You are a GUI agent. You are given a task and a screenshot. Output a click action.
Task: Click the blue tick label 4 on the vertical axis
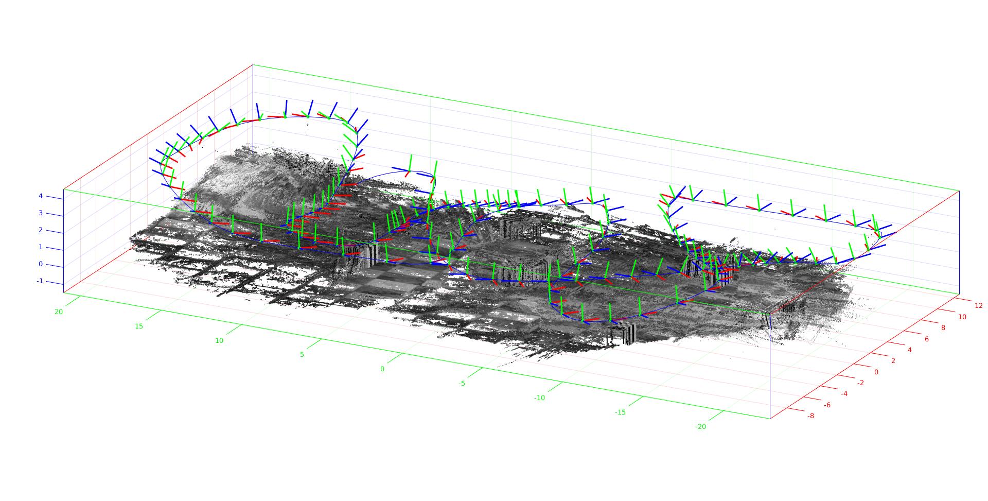pyautogui.click(x=40, y=196)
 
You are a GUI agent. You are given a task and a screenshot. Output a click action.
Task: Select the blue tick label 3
pyautogui.click(x=40, y=213)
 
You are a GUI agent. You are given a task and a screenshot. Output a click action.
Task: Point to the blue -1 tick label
pyautogui.click(x=40, y=281)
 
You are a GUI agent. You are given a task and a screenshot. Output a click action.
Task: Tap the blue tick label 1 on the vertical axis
pyautogui.click(x=40, y=247)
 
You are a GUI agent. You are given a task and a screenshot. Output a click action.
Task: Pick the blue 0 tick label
pyautogui.click(x=40, y=264)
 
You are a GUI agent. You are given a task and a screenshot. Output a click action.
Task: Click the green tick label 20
pyautogui.click(x=59, y=312)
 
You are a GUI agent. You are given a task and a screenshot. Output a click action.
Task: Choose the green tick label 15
pyautogui.click(x=138, y=326)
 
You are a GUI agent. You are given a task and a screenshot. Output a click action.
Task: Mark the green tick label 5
pyautogui.click(x=302, y=355)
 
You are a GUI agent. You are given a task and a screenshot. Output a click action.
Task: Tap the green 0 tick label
pyautogui.click(x=382, y=369)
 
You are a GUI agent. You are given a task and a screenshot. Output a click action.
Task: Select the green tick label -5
pyautogui.click(x=462, y=384)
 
